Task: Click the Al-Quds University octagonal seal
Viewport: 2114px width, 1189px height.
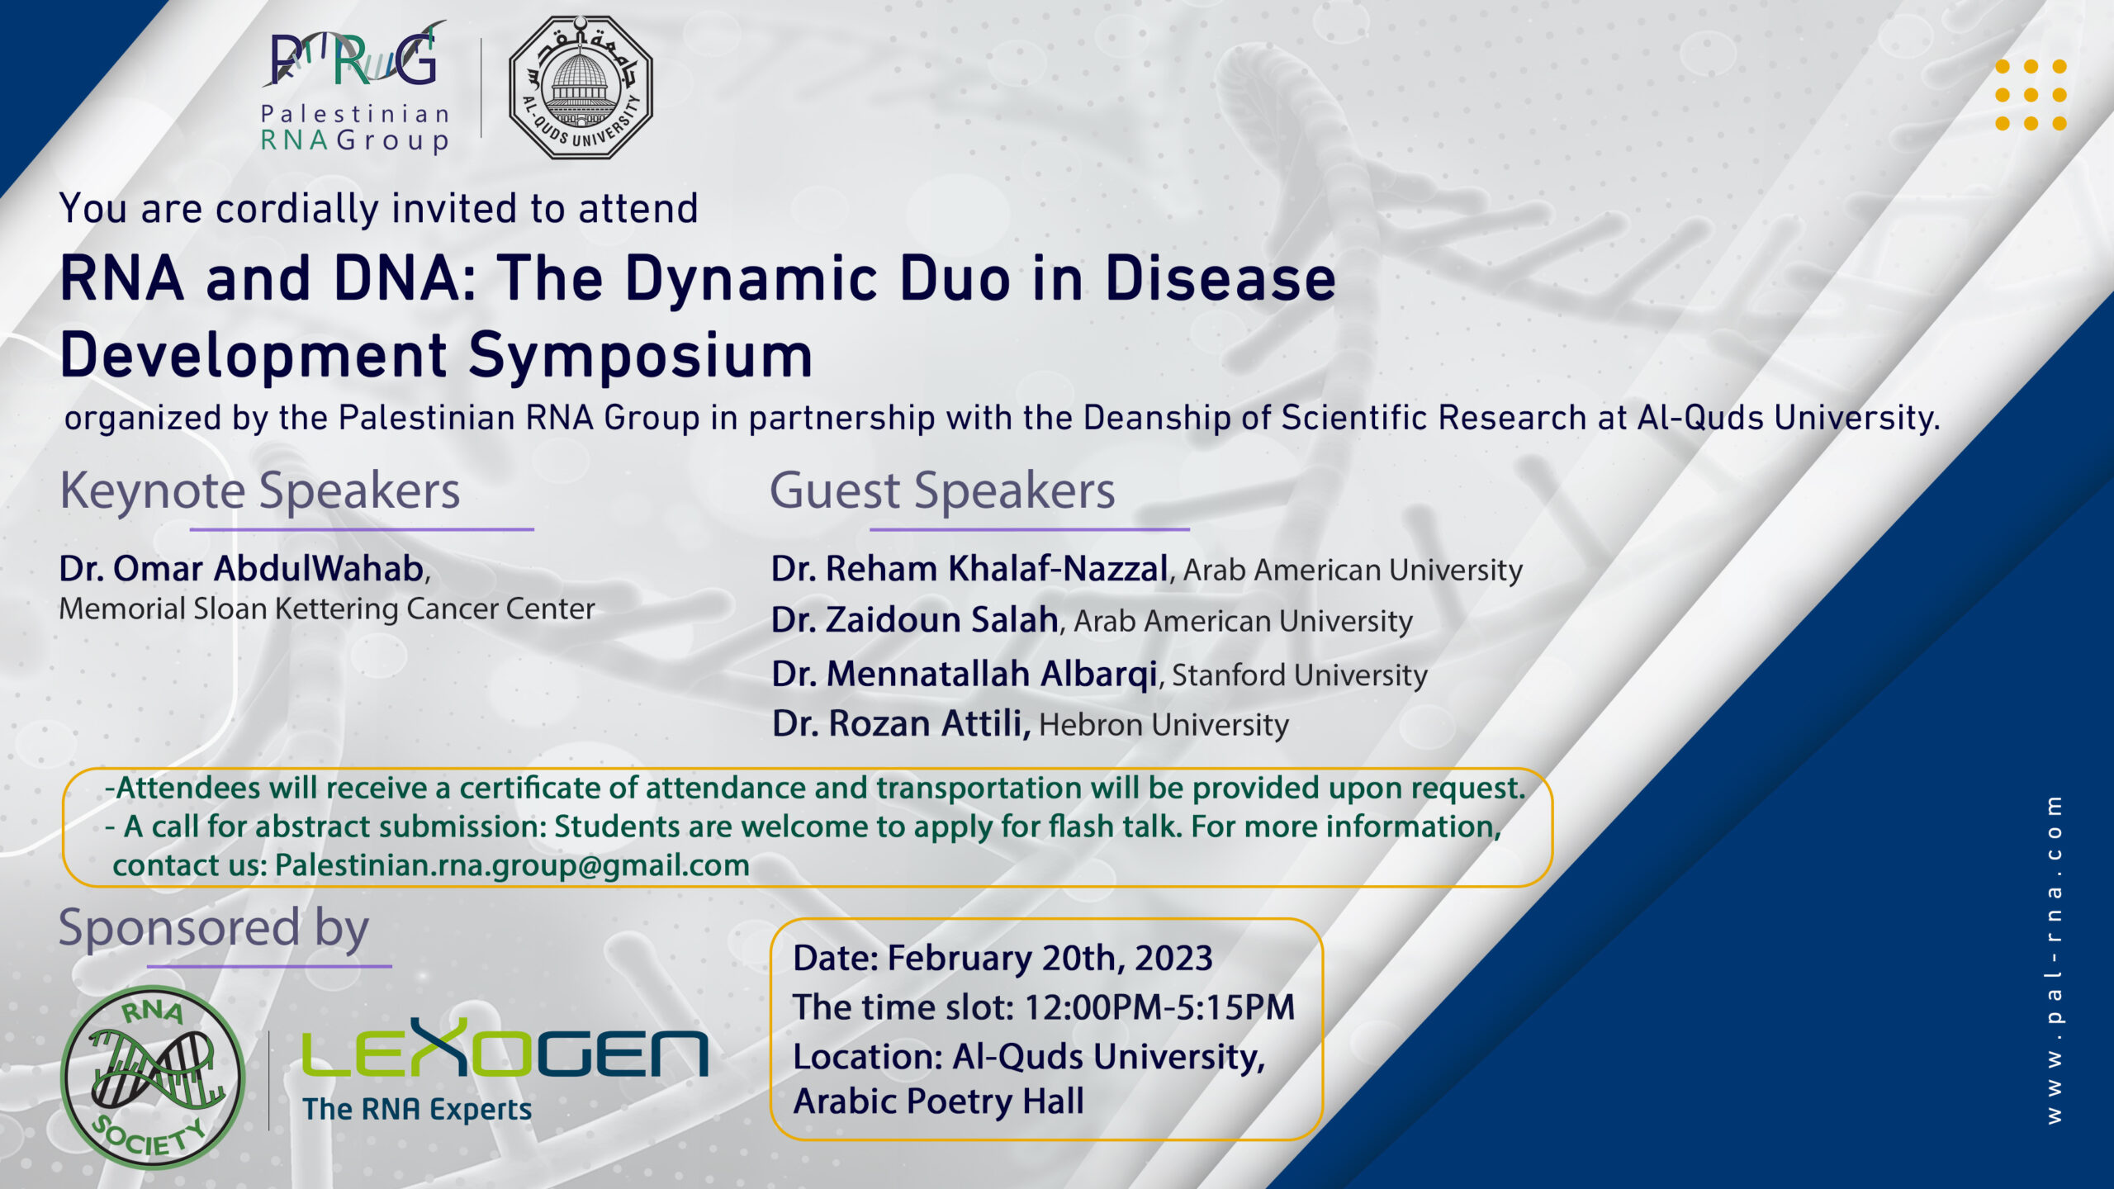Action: pyautogui.click(x=581, y=88)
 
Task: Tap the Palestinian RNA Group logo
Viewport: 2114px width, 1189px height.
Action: pyautogui.click(x=355, y=88)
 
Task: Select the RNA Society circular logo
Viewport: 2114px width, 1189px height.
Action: pyautogui.click(x=153, y=1077)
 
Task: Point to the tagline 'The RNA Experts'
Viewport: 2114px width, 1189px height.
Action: pyautogui.click(x=417, y=1110)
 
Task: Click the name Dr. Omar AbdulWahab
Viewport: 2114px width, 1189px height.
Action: pyautogui.click(x=241, y=569)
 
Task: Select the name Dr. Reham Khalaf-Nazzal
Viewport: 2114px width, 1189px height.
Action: pyautogui.click(x=969, y=569)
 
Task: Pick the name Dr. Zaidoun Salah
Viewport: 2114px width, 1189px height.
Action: pyautogui.click(x=915, y=620)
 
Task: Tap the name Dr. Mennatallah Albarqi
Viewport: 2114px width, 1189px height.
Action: pyautogui.click(x=965, y=675)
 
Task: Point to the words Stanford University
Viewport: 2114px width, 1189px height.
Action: pyautogui.click(x=1300, y=675)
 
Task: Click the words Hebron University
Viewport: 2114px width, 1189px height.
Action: pyautogui.click(x=1164, y=725)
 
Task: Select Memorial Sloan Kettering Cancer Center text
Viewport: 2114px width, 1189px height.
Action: pyautogui.click(x=327, y=609)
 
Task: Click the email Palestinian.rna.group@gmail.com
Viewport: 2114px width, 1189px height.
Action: pyautogui.click(x=512, y=865)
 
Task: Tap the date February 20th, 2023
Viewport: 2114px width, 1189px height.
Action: pyautogui.click(x=1050, y=959)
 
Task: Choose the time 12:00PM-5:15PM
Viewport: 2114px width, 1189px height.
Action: pyautogui.click(x=1159, y=1007)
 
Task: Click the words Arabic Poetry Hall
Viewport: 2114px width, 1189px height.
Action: pyautogui.click(x=938, y=1102)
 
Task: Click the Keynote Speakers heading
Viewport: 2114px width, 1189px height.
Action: pyautogui.click(x=260, y=491)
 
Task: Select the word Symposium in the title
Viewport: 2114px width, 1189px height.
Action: pyautogui.click(x=641, y=356)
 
